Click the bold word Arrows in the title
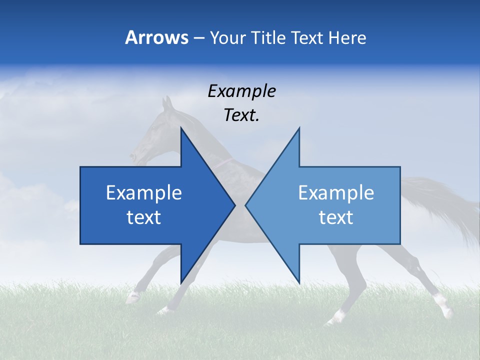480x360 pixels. pos(156,37)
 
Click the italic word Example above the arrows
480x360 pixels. pos(241,91)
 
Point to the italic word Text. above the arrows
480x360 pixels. pos(241,115)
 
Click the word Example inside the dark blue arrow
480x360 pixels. pos(144,193)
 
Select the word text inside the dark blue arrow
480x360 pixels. pos(144,217)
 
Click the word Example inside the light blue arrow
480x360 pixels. pos(336,193)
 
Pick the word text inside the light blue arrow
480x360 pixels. pos(336,217)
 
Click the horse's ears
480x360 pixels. pos(167,103)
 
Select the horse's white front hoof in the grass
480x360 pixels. pos(133,298)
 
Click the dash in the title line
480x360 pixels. pos(198,38)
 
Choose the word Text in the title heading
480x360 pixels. pos(308,37)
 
